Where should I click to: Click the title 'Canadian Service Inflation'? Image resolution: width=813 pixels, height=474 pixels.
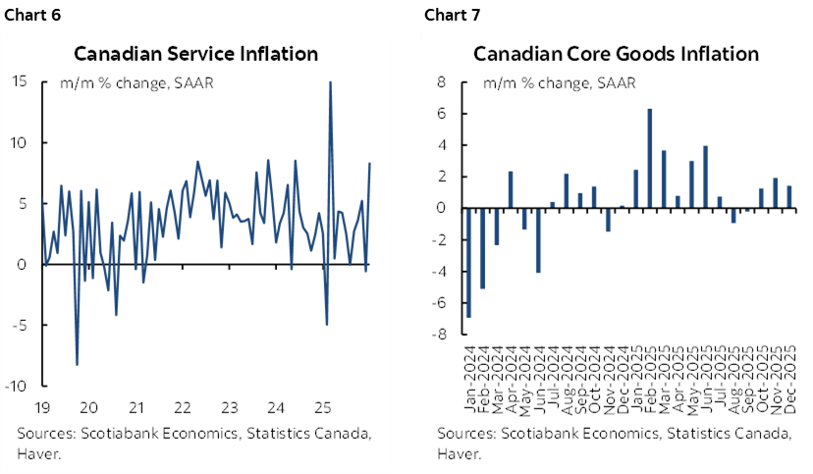tap(195, 53)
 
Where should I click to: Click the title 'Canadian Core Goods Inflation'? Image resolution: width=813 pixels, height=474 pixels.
tap(617, 53)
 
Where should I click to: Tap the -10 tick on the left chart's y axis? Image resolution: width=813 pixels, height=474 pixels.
tap(16, 386)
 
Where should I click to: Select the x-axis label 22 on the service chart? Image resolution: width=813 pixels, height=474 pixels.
tap(182, 407)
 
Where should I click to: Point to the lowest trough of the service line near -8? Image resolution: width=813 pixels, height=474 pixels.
tap(78, 363)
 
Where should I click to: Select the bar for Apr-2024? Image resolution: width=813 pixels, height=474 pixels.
tap(511, 189)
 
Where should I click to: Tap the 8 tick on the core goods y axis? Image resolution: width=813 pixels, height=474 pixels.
tap(442, 82)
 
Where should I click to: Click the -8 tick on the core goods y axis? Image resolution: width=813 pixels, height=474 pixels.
tap(439, 334)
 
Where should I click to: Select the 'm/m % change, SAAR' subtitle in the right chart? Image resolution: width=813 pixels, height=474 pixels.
tap(545, 82)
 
